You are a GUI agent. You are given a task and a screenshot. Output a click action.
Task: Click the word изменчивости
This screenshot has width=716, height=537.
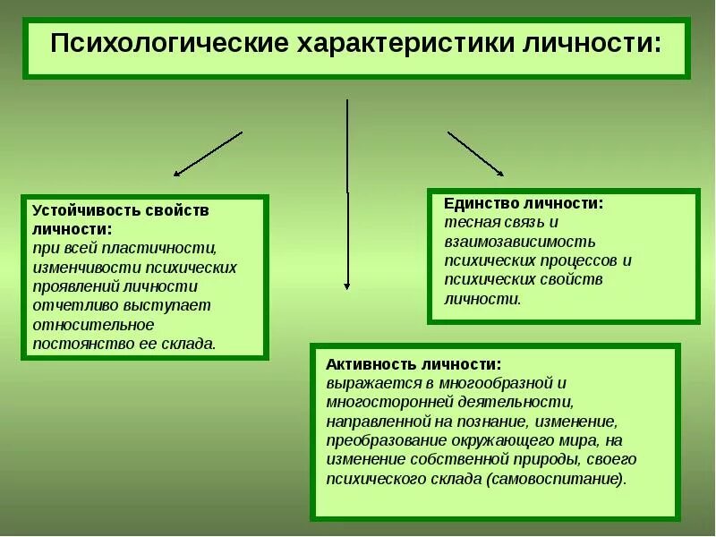[82, 267]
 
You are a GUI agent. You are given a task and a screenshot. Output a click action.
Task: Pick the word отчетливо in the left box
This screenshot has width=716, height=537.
[71, 305]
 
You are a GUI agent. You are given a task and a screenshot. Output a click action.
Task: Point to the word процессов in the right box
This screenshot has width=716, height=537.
[572, 260]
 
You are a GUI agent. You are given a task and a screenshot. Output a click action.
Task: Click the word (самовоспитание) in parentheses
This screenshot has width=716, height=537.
[556, 478]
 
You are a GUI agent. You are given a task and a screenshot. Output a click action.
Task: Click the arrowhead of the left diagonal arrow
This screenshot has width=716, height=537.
[177, 174]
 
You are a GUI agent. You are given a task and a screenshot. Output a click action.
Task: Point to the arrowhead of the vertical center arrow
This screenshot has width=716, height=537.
[347, 286]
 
